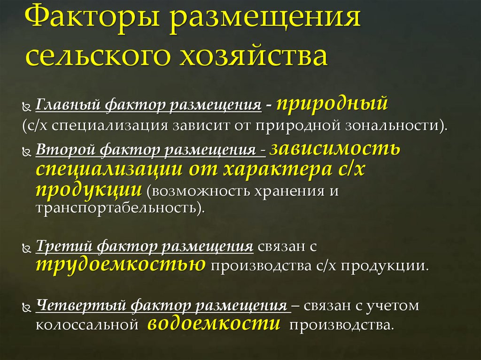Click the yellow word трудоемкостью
[120, 265]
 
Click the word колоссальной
[87, 325]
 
